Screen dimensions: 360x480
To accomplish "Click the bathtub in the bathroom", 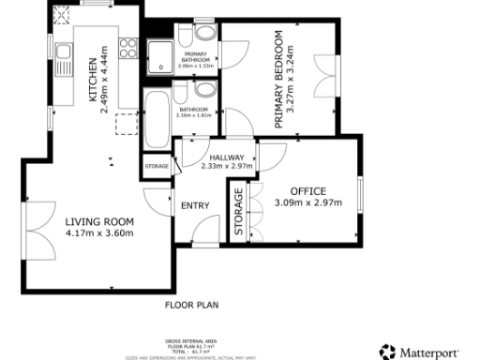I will pos(156,119).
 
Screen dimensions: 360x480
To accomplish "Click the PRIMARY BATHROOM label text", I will pos(196,58).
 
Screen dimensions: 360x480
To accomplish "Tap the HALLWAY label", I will pos(227,157).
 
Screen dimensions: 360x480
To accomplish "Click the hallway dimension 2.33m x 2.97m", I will pos(227,167).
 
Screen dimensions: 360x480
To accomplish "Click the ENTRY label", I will pos(195,205).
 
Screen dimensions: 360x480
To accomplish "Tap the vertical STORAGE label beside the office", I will pos(238,213).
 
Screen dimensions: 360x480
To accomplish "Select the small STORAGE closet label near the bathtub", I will pos(157,167).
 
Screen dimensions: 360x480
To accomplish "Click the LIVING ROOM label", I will pos(99,221).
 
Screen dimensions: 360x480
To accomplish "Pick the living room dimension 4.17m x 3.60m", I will pos(99,232).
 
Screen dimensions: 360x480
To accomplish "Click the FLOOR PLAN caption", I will pos(191,305).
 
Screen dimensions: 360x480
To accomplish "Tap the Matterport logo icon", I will pos(387,351).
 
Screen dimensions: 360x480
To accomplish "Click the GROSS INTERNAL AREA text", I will pos(191,342).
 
